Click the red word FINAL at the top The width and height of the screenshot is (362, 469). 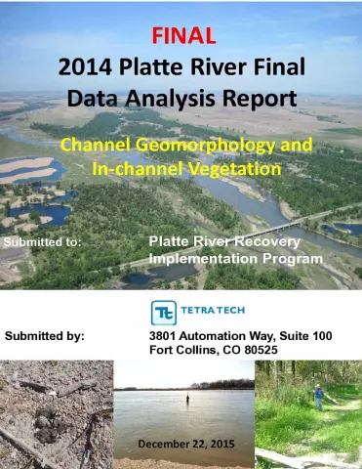(x=181, y=37)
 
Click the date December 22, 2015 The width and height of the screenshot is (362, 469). (x=182, y=445)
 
